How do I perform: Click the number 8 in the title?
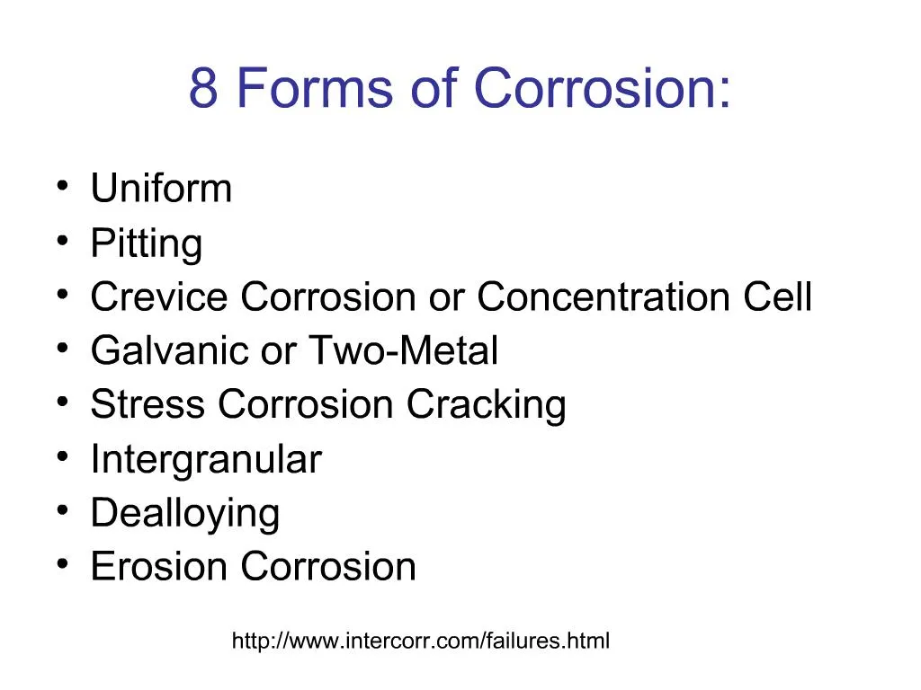coord(203,89)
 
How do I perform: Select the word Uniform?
coord(161,189)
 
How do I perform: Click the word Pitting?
coord(147,243)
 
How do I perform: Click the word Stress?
coord(148,404)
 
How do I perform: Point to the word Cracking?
coord(486,404)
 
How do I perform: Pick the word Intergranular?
coord(205,460)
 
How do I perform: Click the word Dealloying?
coord(185,513)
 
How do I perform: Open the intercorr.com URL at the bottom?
coord(421,641)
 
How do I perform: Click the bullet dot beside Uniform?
coord(61,187)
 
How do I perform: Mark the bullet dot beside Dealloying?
coord(61,511)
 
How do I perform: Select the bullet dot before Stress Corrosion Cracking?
coord(61,402)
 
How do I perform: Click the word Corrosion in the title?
coord(601,89)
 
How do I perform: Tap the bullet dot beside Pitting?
coord(61,241)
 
